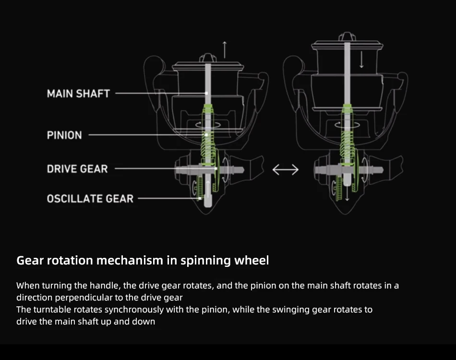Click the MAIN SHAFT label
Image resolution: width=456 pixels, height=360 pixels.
[79, 94]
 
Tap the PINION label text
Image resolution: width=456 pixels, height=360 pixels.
[65, 135]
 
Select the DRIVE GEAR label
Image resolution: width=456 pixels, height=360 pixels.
[77, 168]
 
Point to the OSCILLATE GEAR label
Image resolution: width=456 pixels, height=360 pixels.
[90, 199]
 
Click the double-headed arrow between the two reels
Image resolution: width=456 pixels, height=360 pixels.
[285, 169]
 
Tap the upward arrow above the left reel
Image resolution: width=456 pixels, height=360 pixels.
[225, 50]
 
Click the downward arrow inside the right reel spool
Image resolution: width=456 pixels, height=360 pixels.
[361, 60]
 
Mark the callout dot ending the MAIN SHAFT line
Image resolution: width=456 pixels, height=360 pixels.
[206, 93]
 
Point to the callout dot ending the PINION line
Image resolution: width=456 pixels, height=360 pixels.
[206, 135]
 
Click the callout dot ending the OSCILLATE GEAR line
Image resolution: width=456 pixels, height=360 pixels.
[200, 199]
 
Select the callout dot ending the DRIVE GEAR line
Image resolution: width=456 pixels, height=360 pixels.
[216, 168]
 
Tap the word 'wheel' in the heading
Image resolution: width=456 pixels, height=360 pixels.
[252, 260]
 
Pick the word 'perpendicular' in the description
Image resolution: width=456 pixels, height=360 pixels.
[86, 298]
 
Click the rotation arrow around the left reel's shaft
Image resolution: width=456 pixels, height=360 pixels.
[208, 125]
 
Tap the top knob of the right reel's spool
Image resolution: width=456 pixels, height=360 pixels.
[347, 36]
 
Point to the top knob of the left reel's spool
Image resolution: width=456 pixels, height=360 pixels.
[208, 58]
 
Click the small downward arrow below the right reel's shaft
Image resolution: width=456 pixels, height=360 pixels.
[347, 193]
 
